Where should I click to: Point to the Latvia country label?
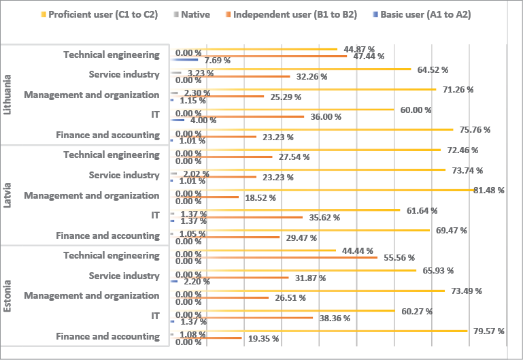(7, 195)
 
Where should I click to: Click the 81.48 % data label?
(490, 190)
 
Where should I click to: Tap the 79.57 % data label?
(490, 331)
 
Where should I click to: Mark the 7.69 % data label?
(217, 61)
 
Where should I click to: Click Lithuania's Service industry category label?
(124, 75)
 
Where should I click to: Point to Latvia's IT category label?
(155, 215)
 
